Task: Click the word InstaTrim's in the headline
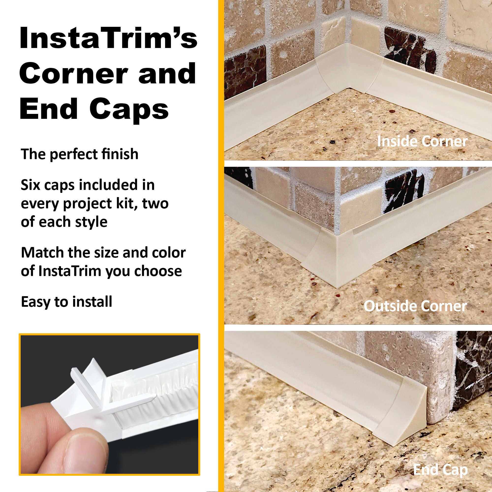(x=108, y=38)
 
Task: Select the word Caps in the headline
(x=129, y=109)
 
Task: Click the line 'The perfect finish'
(x=79, y=154)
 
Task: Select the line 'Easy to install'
(x=66, y=302)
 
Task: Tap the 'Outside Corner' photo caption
(x=415, y=306)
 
